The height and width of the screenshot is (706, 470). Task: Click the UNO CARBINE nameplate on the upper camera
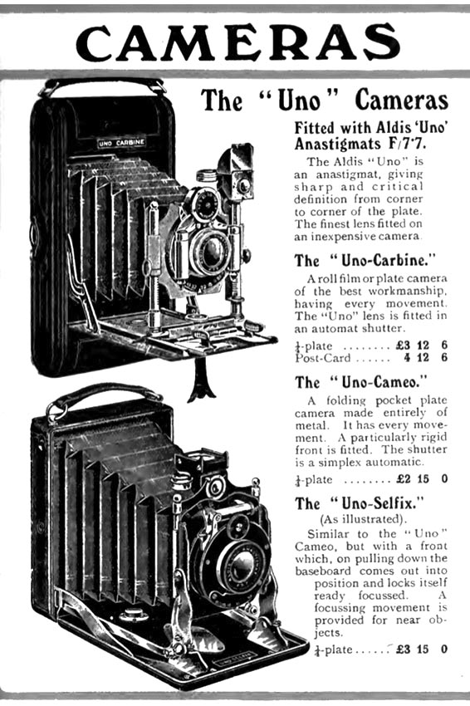pos(121,143)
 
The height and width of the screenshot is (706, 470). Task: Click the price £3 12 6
pos(422,346)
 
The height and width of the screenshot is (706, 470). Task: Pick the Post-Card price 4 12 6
pos(425,358)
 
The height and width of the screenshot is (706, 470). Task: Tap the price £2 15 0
pos(422,478)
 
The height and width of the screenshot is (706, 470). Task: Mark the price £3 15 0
pos(422,649)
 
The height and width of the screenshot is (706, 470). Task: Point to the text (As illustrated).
pos(363,518)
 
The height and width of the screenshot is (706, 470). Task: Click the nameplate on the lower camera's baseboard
pos(233,662)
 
